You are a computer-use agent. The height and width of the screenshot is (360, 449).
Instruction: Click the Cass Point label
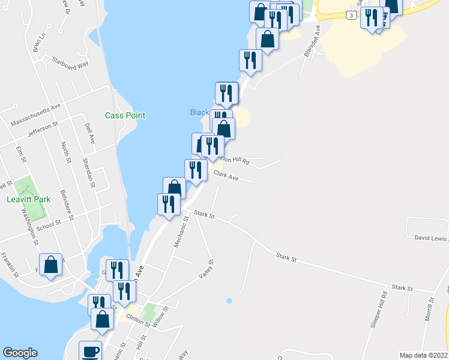[x=125, y=115]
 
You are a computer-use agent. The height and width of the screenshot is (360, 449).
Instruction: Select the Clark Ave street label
[x=226, y=176]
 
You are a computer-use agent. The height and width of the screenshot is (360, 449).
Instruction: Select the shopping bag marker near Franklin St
[x=51, y=264]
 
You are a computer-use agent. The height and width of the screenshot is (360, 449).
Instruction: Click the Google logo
[x=20, y=353]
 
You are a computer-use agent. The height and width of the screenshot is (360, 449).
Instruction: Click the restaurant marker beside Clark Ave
[x=196, y=170]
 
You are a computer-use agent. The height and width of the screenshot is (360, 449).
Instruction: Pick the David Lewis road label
[x=431, y=238]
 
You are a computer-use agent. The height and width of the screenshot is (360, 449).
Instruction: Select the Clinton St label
[x=137, y=321]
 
